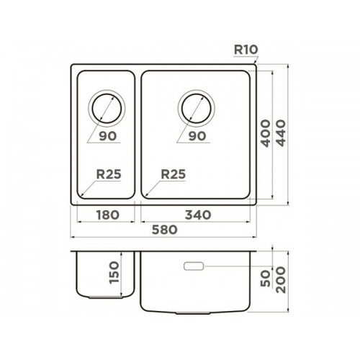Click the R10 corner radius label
click(246, 50)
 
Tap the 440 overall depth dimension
click(281, 133)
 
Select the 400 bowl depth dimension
click(266, 133)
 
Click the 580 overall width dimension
click(165, 230)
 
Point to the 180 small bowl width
click(107, 215)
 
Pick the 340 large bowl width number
click(198, 215)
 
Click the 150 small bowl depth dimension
click(114, 272)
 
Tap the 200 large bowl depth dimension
click(281, 279)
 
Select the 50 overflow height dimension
click(266, 278)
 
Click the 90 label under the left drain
click(108, 136)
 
